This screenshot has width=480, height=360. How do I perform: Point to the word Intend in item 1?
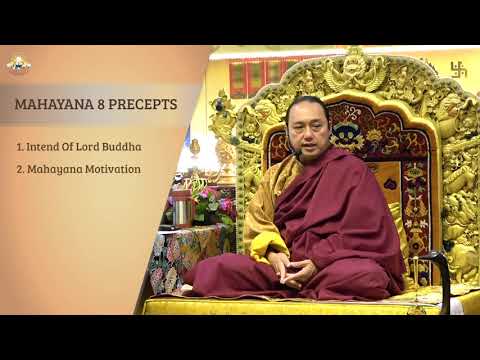(44, 146)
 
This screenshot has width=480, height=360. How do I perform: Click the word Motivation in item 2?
(113, 169)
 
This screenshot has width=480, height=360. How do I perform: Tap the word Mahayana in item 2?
(54, 169)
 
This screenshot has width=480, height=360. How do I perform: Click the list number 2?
(19, 169)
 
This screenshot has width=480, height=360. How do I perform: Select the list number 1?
(19, 146)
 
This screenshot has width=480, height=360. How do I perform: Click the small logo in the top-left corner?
(18, 64)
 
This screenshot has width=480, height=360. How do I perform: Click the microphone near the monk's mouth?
(298, 155)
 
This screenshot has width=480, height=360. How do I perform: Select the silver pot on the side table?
(181, 210)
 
